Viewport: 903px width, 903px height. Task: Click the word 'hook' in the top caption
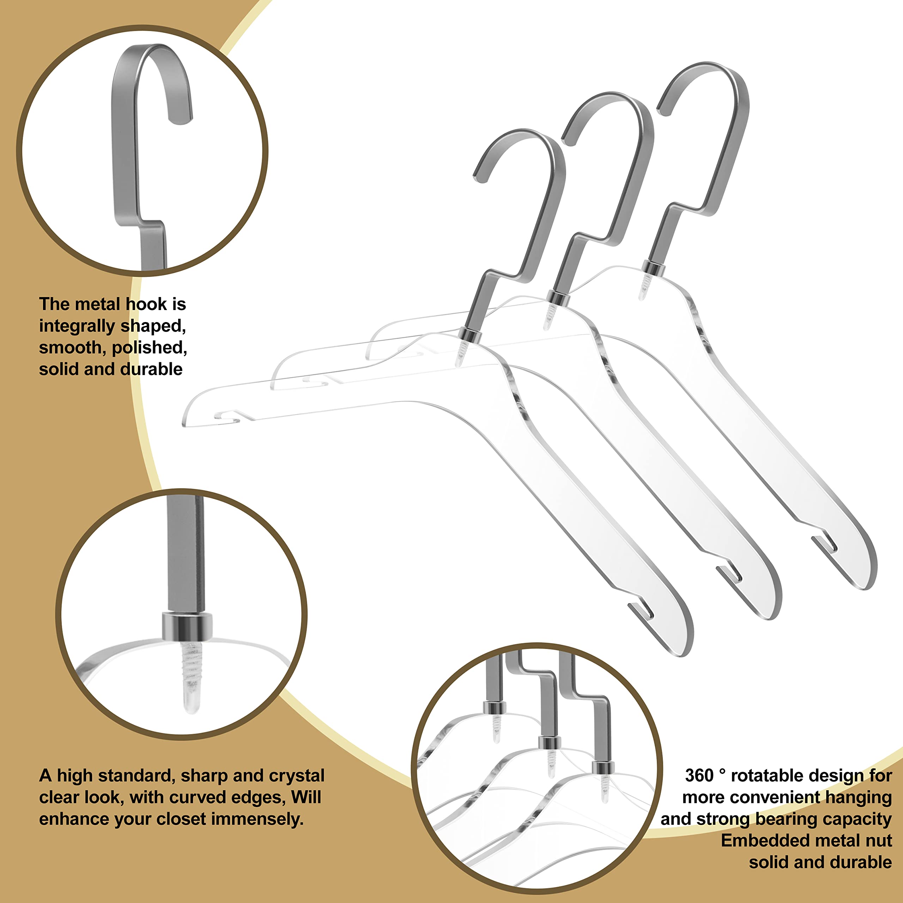(146, 304)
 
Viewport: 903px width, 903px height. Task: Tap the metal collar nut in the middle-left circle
(187, 626)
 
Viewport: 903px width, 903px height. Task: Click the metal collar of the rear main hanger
(653, 268)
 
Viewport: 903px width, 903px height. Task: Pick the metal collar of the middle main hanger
(558, 298)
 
